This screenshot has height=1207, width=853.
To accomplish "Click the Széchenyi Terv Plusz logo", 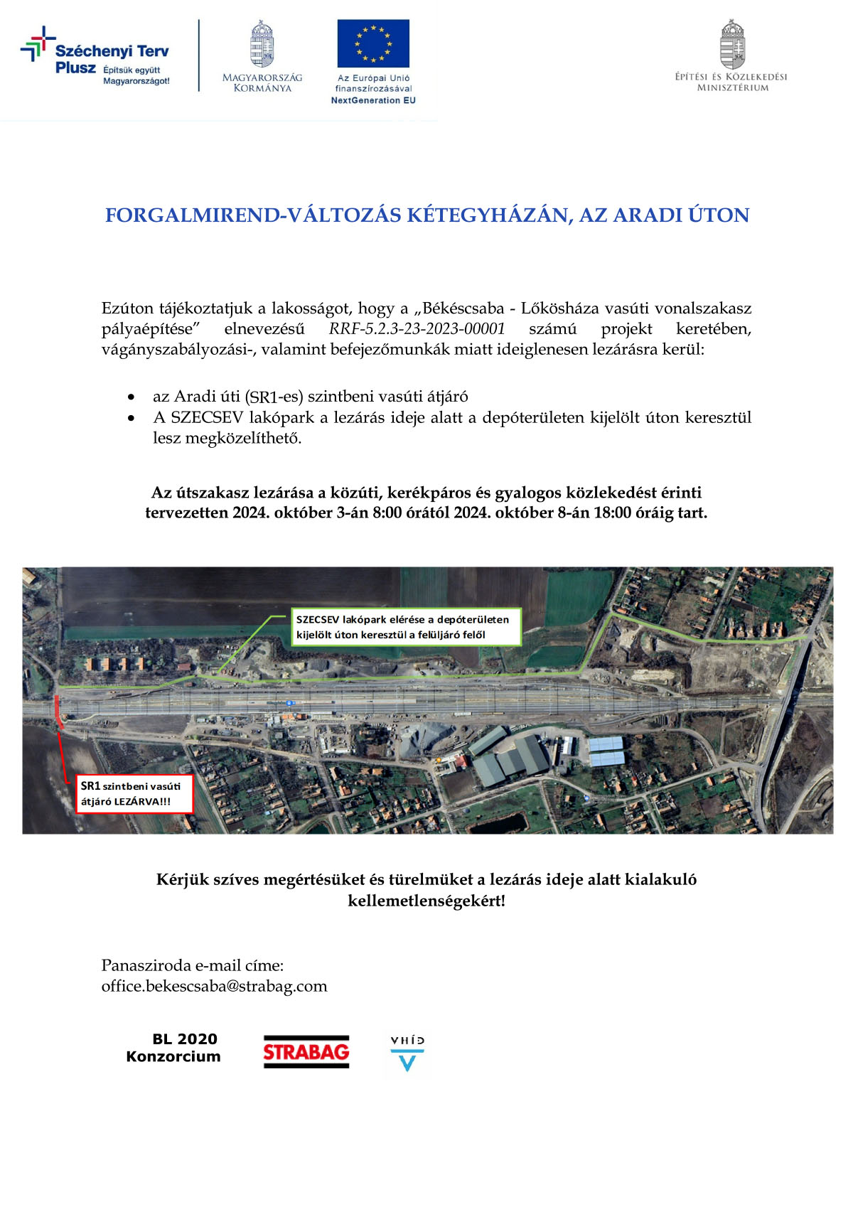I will [96, 58].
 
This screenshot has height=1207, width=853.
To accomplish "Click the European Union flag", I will [373, 43].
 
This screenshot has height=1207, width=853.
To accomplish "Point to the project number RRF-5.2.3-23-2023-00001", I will [417, 328].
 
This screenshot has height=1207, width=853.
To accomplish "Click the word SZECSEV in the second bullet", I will [207, 417].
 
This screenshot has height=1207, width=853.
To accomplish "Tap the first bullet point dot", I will [131, 397].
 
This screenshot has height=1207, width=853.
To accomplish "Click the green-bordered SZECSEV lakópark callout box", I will [406, 627].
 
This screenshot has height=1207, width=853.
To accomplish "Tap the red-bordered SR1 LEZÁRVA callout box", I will [135, 794].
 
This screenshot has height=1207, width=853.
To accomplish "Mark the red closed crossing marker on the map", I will [58, 712].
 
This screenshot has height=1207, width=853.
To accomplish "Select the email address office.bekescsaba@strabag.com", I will [214, 986].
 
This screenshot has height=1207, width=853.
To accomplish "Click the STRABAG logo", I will [306, 1051].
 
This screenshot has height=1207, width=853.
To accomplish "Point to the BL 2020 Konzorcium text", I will [174, 1048].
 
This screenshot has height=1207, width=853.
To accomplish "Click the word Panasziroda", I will [146, 965].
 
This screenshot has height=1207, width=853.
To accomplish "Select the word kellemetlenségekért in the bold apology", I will [426, 901].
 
